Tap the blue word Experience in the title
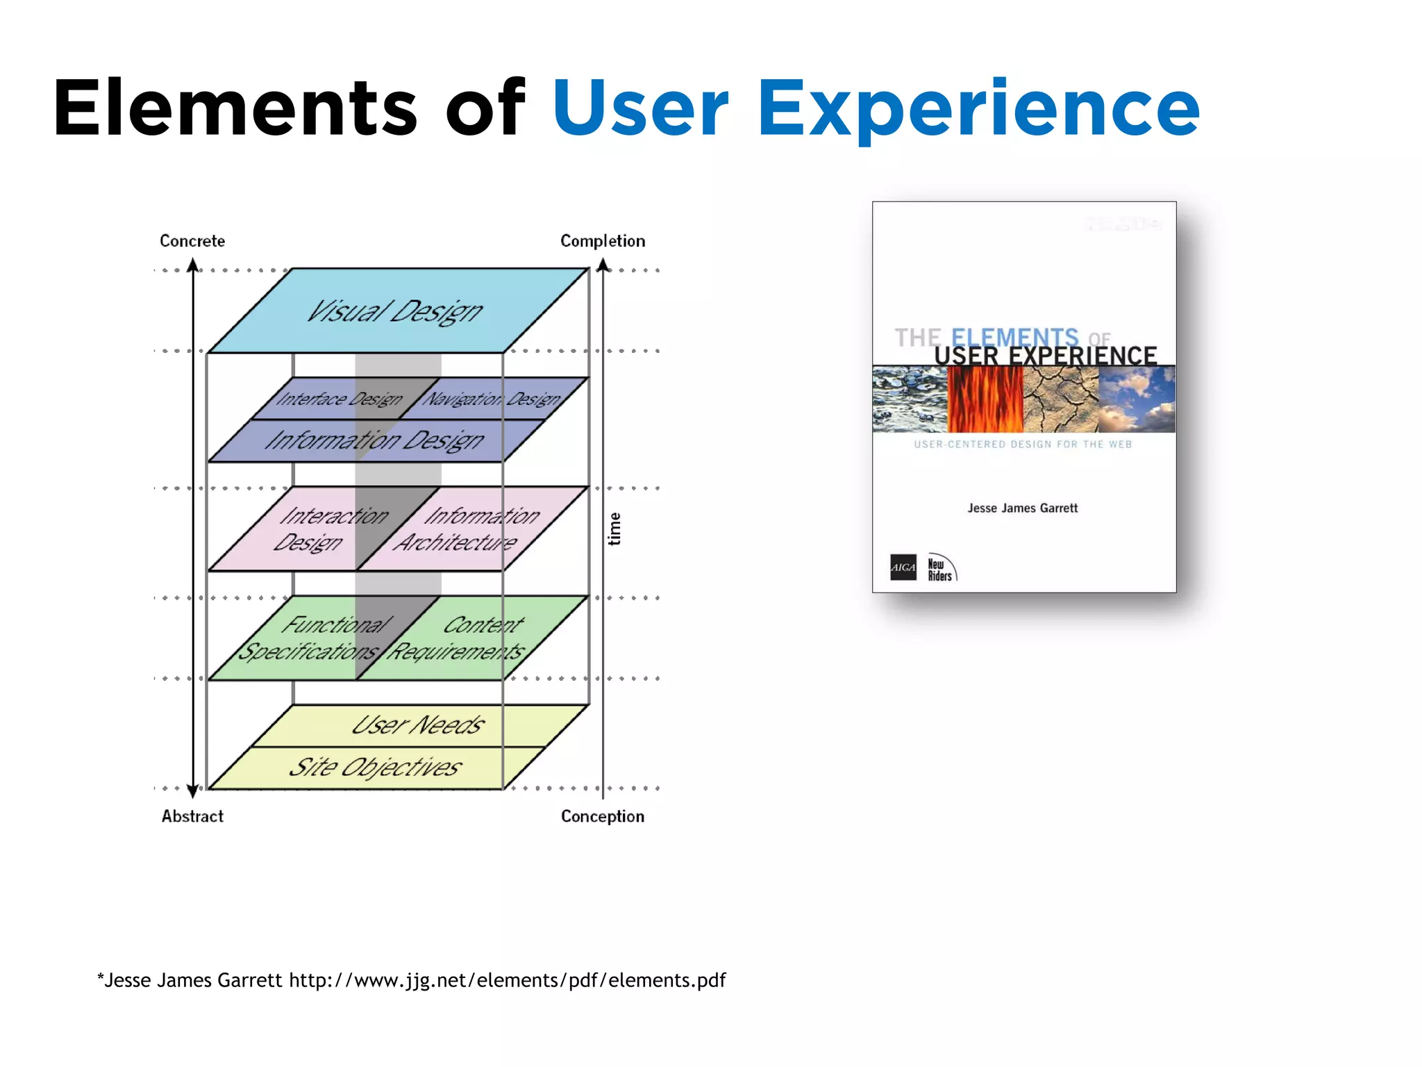pyautogui.click(x=978, y=110)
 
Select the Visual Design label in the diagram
pyautogui.click(x=394, y=311)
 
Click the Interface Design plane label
pyautogui.click(x=339, y=399)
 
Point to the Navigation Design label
pyautogui.click(x=492, y=399)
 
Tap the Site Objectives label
pyautogui.click(x=375, y=767)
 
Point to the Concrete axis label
pyautogui.click(x=192, y=241)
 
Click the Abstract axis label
pyautogui.click(x=192, y=816)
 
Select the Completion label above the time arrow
pyautogui.click(x=603, y=241)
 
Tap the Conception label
pyautogui.click(x=603, y=816)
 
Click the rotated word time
pyautogui.click(x=614, y=529)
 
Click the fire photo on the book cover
pyautogui.click(x=985, y=399)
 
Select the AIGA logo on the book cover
pyautogui.click(x=903, y=567)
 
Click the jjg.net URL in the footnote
pyautogui.click(x=507, y=980)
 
